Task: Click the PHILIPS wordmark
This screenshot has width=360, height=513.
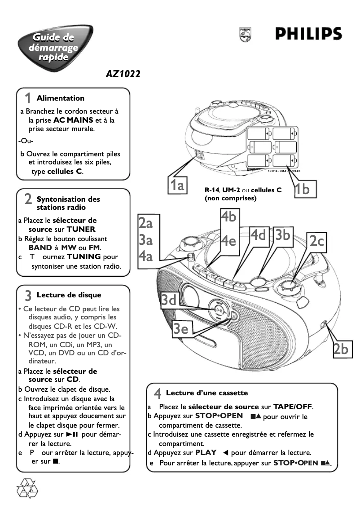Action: (308, 34)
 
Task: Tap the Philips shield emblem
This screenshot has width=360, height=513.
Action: (245, 34)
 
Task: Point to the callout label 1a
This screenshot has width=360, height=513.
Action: (178, 185)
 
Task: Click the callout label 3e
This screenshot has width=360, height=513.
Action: (181, 329)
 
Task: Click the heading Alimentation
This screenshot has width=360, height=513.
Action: (60, 98)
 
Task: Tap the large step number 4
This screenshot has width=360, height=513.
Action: (158, 394)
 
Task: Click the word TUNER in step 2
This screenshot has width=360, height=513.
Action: (81, 230)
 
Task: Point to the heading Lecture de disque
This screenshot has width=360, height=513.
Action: (69, 295)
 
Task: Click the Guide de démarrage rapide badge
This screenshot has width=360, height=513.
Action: (53, 47)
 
